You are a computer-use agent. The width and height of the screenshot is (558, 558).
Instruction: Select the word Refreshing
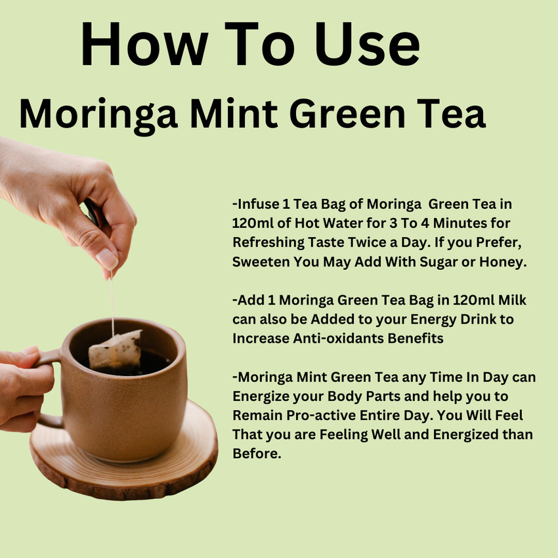tap(268, 242)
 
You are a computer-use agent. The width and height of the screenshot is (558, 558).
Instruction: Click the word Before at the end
tap(257, 454)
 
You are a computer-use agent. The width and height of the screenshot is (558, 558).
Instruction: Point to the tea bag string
tap(112, 302)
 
